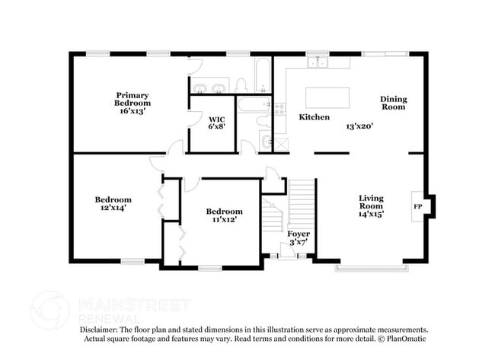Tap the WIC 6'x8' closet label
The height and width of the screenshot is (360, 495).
217,123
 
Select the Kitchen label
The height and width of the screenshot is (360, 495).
314,117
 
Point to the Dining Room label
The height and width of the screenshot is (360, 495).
394,103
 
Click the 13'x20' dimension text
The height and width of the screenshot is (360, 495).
359,126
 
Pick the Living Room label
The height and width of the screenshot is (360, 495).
371,202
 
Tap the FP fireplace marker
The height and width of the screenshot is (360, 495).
417,207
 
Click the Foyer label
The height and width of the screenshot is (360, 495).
299,234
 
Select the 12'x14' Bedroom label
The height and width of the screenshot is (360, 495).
113,203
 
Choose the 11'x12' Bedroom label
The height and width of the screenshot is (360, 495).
224,215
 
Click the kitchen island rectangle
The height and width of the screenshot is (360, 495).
327,98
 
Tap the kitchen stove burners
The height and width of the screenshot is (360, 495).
279,110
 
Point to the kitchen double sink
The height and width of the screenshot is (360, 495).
318,62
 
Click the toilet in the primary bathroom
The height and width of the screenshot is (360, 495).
241,85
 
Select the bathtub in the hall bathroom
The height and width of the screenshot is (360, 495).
254,104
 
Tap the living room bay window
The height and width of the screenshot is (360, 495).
372,269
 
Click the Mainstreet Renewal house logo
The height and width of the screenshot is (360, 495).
49,310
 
